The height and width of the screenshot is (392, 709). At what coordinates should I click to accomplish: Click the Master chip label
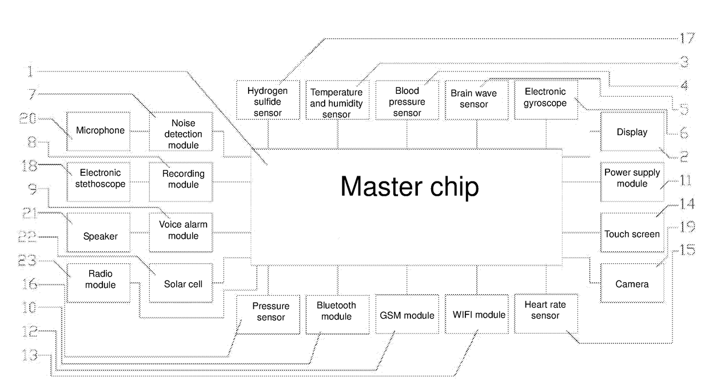pyautogui.click(x=409, y=187)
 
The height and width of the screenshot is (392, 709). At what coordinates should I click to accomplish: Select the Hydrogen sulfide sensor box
pyautogui.click(x=268, y=100)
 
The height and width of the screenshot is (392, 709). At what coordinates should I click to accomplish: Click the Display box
pyautogui.click(x=632, y=132)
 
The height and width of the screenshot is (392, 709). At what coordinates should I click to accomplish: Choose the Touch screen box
pyautogui.click(x=632, y=233)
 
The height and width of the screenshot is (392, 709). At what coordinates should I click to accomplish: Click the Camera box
pyautogui.click(x=632, y=283)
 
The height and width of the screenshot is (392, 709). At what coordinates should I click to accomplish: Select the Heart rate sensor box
pyautogui.click(x=545, y=314)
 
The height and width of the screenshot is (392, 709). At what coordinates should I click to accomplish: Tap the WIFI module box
pyautogui.click(x=476, y=314)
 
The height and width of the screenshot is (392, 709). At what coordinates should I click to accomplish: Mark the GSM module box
pyautogui.click(x=407, y=314)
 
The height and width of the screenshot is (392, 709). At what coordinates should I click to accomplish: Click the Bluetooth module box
pyautogui.click(x=336, y=314)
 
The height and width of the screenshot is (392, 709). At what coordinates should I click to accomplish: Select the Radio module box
pyautogui.click(x=98, y=283)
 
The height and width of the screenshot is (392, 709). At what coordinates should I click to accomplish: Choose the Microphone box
pyautogui.click(x=98, y=131)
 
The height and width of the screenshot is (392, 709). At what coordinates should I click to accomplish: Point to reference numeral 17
pyautogui.click(x=687, y=39)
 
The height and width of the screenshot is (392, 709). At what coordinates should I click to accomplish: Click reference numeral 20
pyautogui.click(x=28, y=118)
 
